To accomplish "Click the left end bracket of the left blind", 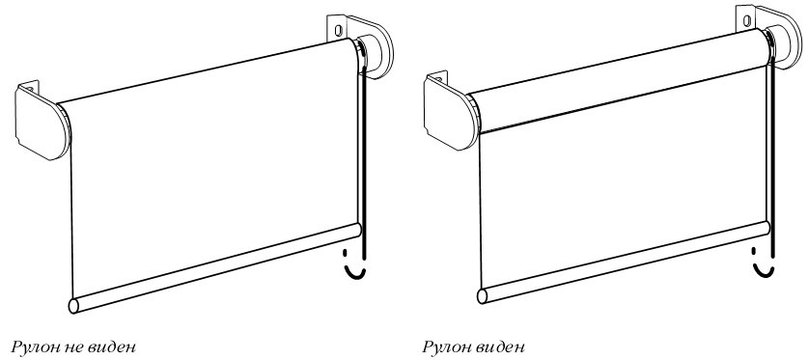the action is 42,121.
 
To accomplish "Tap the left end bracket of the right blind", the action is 452,111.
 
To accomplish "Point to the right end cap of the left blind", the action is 375,55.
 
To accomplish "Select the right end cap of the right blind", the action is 784,45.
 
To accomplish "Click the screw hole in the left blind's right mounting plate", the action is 338,30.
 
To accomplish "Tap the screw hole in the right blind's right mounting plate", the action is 746,20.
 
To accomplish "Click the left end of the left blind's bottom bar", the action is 73,306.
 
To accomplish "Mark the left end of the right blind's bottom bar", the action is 483,296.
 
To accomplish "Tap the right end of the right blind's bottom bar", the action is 766,228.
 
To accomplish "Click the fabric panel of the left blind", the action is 214,170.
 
